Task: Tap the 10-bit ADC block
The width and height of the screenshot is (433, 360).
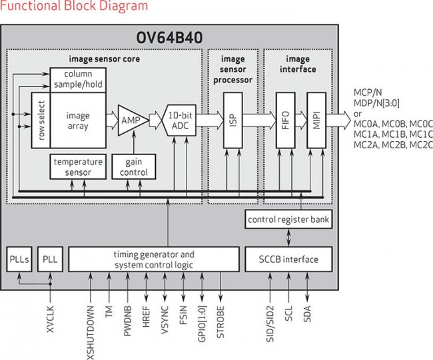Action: point(177,120)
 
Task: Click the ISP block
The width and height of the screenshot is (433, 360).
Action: point(233,120)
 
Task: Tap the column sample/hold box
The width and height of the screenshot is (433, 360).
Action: point(77,80)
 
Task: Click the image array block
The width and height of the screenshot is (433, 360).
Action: point(78,120)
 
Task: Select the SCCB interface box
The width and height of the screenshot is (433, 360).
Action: point(288,259)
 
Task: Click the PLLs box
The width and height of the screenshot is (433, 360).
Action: point(18,259)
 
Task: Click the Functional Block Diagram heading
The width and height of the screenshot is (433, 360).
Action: point(74,7)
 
